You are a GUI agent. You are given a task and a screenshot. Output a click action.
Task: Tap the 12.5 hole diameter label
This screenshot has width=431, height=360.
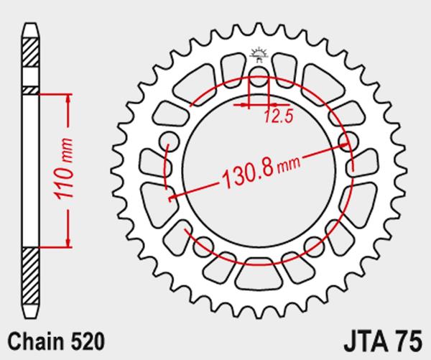(x=279, y=116)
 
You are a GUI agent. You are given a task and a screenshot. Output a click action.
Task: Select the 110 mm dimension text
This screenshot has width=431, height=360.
(x=64, y=169)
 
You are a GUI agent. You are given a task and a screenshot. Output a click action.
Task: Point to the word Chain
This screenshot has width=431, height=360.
(x=36, y=341)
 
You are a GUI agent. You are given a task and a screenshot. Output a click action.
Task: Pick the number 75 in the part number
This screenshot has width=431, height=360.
(x=409, y=341)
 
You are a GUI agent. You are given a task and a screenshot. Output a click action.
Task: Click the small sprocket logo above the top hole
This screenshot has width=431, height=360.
(x=259, y=55)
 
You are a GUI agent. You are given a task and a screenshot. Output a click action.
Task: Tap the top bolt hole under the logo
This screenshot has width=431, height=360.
(x=259, y=76)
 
